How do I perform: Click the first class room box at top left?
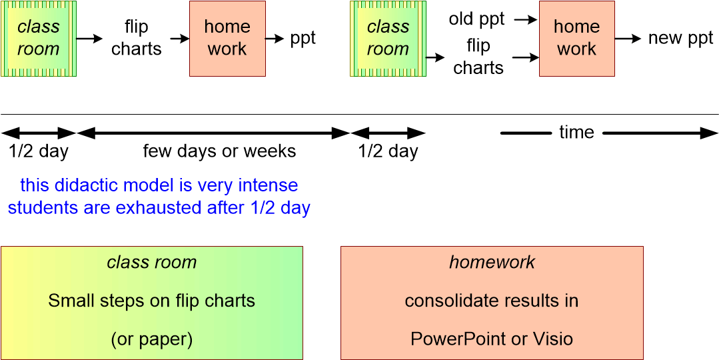click(x=39, y=38)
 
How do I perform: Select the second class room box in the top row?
click(x=388, y=38)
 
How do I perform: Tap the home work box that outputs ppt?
click(x=227, y=38)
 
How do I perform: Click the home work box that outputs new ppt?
click(x=576, y=38)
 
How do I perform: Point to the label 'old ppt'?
click(x=476, y=19)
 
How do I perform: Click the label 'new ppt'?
click(x=680, y=38)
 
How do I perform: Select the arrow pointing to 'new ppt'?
click(x=628, y=39)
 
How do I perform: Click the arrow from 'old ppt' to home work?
click(x=526, y=20)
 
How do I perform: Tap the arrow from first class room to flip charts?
click(x=89, y=39)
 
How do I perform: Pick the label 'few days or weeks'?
click(x=219, y=151)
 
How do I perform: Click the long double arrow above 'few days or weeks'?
click(x=213, y=133)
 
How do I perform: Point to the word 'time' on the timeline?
click(x=576, y=133)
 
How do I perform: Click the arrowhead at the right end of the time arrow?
click(x=710, y=133)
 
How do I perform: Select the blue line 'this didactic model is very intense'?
click(x=159, y=185)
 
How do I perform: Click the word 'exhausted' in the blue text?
click(x=159, y=207)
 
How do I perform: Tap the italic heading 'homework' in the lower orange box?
click(x=492, y=262)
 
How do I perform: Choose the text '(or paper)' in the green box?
click(x=152, y=339)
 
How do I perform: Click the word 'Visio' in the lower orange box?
click(x=552, y=339)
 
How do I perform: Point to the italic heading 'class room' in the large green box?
click(x=152, y=262)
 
